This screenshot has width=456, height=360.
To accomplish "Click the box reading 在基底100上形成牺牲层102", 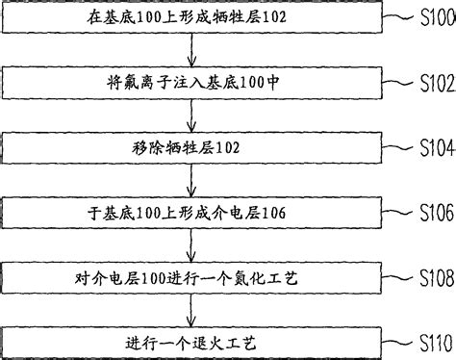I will pos(193,17).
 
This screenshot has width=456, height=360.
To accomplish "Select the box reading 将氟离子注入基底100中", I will pos(193,82).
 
